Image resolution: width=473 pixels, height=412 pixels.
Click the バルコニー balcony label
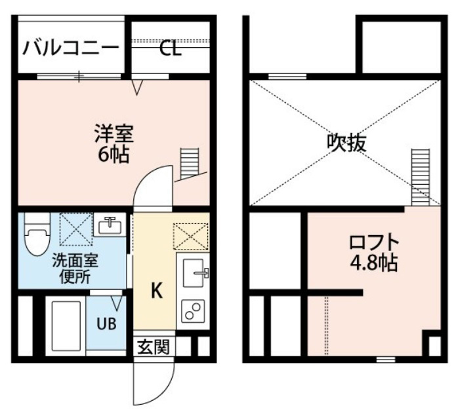[71, 48]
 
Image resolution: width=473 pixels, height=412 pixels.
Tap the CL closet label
[171, 48]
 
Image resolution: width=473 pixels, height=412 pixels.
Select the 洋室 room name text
[114, 133]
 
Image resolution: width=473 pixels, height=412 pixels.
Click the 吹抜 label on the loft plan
[347, 142]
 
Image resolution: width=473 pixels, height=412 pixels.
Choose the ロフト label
[374, 242]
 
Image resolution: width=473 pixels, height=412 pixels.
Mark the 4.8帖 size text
[373, 263]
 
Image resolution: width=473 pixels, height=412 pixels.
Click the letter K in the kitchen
[157, 291]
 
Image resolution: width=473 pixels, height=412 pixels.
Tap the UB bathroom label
[106, 324]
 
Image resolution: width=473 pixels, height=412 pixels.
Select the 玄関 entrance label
[154, 346]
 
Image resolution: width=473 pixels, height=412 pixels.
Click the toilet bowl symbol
[37, 234]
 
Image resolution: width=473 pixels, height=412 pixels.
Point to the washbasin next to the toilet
[110, 225]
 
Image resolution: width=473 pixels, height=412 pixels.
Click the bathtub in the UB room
[66, 326]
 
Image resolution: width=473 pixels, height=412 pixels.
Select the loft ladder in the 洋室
[190, 164]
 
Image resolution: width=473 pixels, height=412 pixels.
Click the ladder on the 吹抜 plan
[421, 177]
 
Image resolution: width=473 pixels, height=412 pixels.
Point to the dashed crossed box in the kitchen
[192, 236]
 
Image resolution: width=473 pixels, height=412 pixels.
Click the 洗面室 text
[75, 261]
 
